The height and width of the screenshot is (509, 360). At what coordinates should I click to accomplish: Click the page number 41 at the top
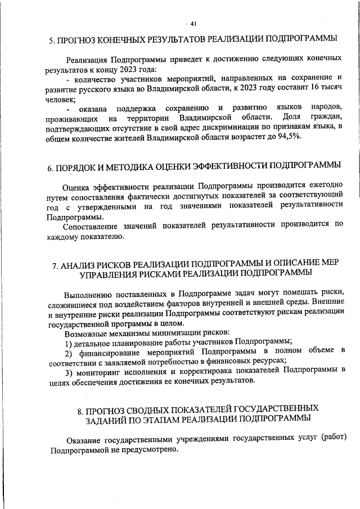pos(193,24)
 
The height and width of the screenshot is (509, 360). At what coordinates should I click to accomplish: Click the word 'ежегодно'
pos(326,185)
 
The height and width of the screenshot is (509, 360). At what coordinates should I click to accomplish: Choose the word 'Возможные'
pos(84,332)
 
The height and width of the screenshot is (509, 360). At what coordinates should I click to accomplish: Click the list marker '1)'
pos(68,341)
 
